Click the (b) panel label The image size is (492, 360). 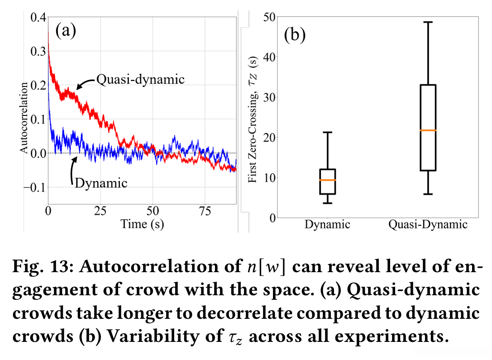tap(295, 35)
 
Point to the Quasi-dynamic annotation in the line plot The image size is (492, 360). tap(141, 79)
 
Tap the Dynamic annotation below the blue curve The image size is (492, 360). tap(101, 183)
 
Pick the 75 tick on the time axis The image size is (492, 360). tap(205, 211)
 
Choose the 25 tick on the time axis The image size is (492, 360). tap(100, 211)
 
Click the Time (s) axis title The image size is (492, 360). tap(142, 224)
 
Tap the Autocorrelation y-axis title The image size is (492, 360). tap(24, 117)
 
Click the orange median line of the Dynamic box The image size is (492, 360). tap(327, 180)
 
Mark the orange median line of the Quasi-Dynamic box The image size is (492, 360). tap(428, 130)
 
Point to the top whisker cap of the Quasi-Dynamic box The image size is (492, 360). tap(428, 22)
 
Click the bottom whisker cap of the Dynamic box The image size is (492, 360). tap(327, 203)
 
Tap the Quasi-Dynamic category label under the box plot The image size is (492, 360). tap(428, 225)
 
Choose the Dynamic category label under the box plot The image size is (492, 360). tap(327, 225)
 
